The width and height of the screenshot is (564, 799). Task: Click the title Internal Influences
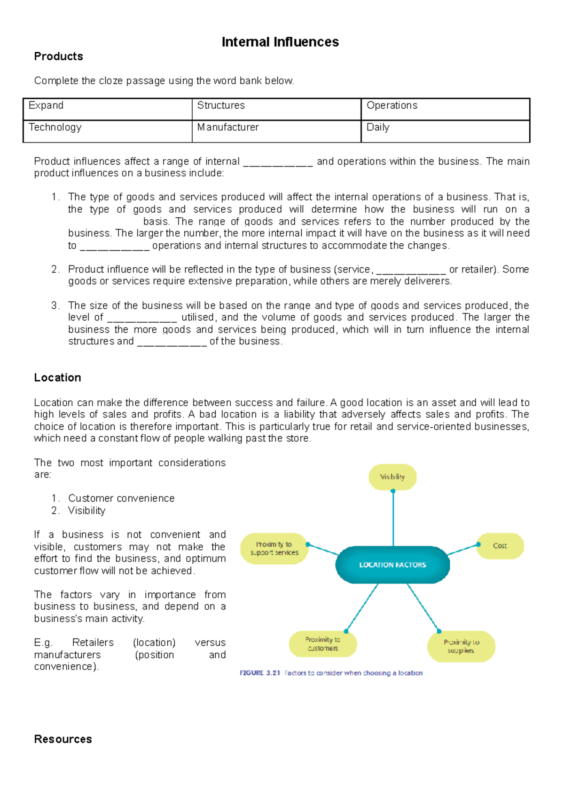click(x=280, y=42)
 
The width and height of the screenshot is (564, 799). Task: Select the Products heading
click(x=58, y=56)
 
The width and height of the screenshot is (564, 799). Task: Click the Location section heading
click(x=57, y=378)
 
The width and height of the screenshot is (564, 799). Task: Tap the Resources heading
click(x=63, y=739)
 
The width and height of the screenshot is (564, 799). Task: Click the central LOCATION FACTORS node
click(x=392, y=565)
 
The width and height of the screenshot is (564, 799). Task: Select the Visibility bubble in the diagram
click(x=392, y=477)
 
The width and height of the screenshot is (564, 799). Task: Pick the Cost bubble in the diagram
click(x=500, y=546)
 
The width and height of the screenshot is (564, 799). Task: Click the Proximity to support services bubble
click(x=274, y=549)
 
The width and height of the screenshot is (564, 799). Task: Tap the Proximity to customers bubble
click(x=323, y=644)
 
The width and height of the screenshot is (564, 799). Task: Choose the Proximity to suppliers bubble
click(x=461, y=646)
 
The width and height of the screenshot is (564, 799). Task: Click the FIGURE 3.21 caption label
click(x=260, y=673)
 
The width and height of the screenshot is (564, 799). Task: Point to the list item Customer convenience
click(x=121, y=498)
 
